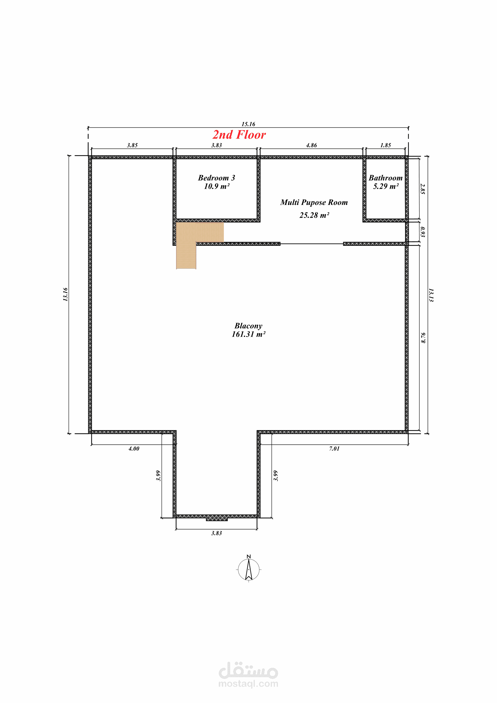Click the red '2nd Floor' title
(239, 135)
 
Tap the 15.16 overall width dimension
(248, 124)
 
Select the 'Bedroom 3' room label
(216, 178)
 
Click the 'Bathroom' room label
(386, 178)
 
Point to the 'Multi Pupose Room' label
(314, 202)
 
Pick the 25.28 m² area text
(314, 215)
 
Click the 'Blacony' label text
(248, 326)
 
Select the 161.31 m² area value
(248, 334)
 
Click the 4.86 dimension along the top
(312, 145)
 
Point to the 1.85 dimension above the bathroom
(386, 145)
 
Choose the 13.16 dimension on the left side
(66, 294)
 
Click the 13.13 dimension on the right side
(431, 295)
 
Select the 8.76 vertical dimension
(423, 338)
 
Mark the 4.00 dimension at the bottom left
(134, 448)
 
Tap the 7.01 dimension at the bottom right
(334, 448)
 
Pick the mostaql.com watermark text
(248, 684)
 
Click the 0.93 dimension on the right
(423, 232)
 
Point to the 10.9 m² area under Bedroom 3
(217, 186)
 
